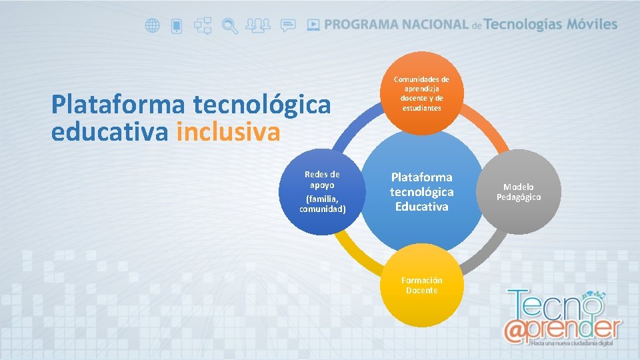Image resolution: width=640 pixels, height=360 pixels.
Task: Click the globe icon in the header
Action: (153, 26)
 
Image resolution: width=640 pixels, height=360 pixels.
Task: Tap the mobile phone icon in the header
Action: (177, 26)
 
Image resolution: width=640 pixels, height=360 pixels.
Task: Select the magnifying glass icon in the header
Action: (230, 26)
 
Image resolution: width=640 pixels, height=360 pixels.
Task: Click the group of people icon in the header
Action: (258, 26)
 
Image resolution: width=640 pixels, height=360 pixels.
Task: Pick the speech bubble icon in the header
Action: (288, 26)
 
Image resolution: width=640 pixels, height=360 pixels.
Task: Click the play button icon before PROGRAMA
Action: (313, 25)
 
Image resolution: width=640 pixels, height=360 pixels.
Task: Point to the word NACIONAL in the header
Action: (432, 25)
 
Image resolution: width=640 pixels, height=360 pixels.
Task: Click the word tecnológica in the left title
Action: (261, 105)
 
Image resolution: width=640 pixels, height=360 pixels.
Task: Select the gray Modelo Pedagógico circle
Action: (519, 192)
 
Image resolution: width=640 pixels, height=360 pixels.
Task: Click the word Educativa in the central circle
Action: (421, 207)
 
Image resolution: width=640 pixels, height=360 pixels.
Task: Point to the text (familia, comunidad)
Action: (322, 204)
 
